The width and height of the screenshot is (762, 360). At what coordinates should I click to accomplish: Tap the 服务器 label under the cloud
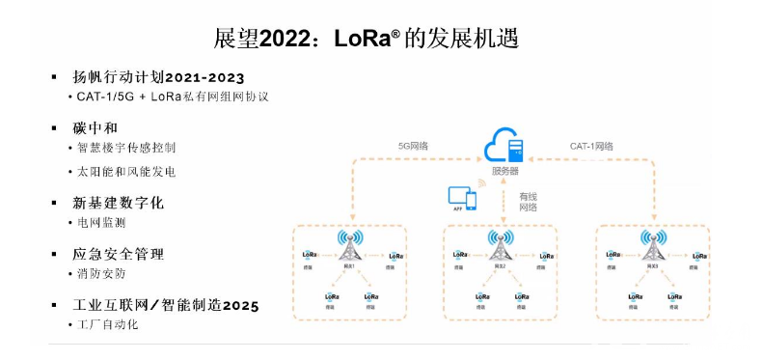tap(505, 171)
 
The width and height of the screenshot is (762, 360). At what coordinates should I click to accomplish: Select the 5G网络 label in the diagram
tap(413, 146)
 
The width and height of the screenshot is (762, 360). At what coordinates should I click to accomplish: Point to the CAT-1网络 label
tap(591, 146)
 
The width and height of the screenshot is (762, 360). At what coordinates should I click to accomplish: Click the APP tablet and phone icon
tap(463, 199)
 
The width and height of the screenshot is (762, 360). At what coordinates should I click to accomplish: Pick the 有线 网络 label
tap(529, 201)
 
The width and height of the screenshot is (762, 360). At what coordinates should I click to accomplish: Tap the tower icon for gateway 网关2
tap(500, 243)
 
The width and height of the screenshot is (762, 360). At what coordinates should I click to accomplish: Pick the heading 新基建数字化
tap(119, 203)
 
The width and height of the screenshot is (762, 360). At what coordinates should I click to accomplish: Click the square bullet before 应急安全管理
tap(54, 254)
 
